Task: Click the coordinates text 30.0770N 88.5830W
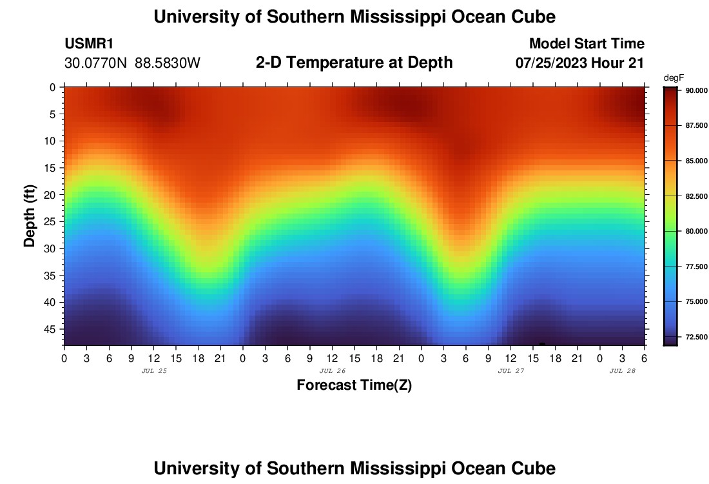[133, 63]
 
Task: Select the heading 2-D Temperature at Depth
[354, 63]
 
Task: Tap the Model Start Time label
[586, 44]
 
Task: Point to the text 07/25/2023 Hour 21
[579, 63]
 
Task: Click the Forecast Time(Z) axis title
[354, 385]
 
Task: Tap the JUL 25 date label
[153, 371]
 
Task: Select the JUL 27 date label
[510, 371]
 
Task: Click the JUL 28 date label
[622, 371]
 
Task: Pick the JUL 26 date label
[332, 371]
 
